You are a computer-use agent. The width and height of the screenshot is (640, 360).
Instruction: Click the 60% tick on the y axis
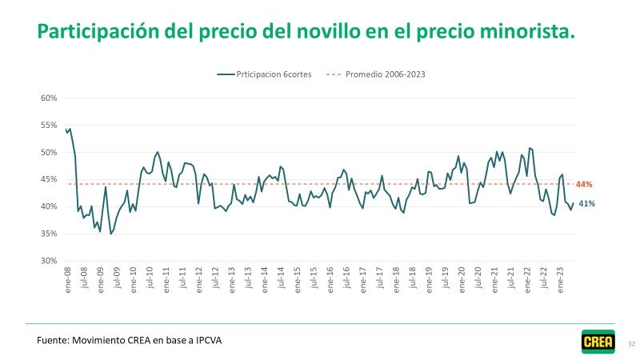pos(49,98)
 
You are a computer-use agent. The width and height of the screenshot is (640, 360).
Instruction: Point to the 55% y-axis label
pos(49,126)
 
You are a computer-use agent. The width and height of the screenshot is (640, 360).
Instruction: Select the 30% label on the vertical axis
pos(49,261)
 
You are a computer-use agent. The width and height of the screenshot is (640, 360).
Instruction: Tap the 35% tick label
pos(49,234)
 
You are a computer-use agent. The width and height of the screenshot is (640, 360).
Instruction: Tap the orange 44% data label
pos(584,184)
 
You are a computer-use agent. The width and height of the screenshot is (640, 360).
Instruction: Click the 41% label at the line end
pos(586,203)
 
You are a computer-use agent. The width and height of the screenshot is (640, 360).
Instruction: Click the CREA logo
pos(598,342)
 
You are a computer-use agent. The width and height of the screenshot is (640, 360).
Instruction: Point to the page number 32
pos(631,343)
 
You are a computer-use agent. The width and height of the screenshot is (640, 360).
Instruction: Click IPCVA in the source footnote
pos(204,340)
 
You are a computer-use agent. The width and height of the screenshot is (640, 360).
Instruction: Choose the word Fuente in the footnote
pos(52,340)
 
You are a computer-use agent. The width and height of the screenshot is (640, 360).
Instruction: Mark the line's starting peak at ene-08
pos(70,129)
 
